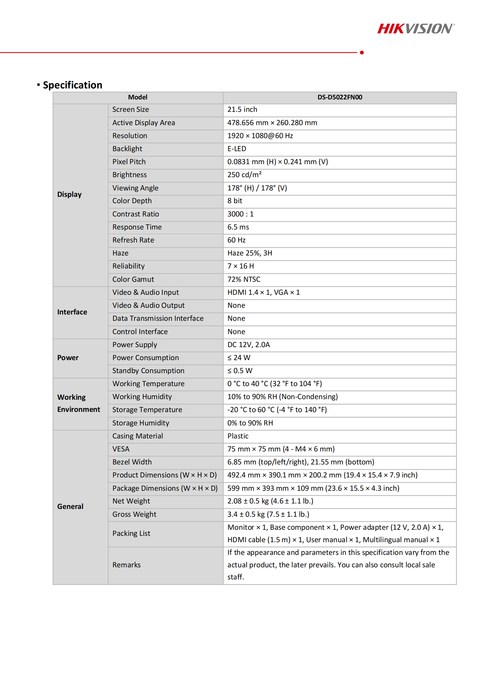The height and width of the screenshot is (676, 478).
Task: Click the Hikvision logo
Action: pyautogui.click(x=416, y=29)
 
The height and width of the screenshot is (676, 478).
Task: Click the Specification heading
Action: pyautogui.click(x=73, y=85)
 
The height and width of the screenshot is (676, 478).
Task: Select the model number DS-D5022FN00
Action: pyautogui.click(x=339, y=97)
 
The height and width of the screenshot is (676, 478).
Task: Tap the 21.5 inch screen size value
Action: pyautogui.click(x=242, y=110)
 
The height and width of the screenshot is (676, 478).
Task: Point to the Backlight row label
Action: pyautogui.click(x=127, y=149)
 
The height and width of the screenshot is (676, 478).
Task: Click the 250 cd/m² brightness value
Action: pyautogui.click(x=244, y=175)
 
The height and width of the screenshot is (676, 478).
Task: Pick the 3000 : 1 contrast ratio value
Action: pyautogui.click(x=240, y=214)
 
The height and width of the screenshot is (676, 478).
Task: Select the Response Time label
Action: pyautogui.click(x=137, y=227)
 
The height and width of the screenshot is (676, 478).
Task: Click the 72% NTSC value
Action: pyautogui.click(x=244, y=279)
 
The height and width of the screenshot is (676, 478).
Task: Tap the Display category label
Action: pyautogui.click(x=69, y=194)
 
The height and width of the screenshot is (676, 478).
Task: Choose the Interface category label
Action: pyautogui.click(x=72, y=312)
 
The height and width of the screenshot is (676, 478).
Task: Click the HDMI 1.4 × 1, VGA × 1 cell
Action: pyautogui.click(x=264, y=292)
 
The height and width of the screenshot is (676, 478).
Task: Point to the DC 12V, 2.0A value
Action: pyautogui.click(x=249, y=345)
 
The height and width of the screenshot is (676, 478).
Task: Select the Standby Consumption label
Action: pyautogui.click(x=148, y=371)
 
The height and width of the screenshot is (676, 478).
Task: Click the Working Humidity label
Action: pyautogui.click(x=142, y=397)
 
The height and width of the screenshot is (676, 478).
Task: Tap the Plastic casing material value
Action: pyautogui.click(x=238, y=436)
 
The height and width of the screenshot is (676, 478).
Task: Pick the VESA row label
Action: pyautogui.click(x=121, y=449)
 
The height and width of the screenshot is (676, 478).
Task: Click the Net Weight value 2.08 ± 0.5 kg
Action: pyautogui.click(x=270, y=501)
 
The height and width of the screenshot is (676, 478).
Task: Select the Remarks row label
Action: pyautogui.click(x=127, y=565)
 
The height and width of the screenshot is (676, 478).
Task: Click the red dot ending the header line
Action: pyautogui.click(x=362, y=53)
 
